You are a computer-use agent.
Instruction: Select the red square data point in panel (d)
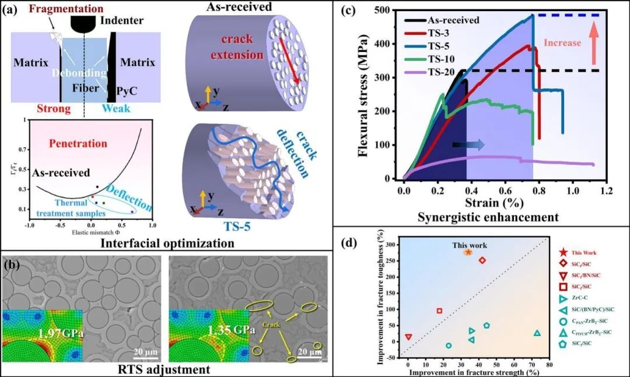click(x=439, y=310)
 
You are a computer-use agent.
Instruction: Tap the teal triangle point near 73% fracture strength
click(x=537, y=333)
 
